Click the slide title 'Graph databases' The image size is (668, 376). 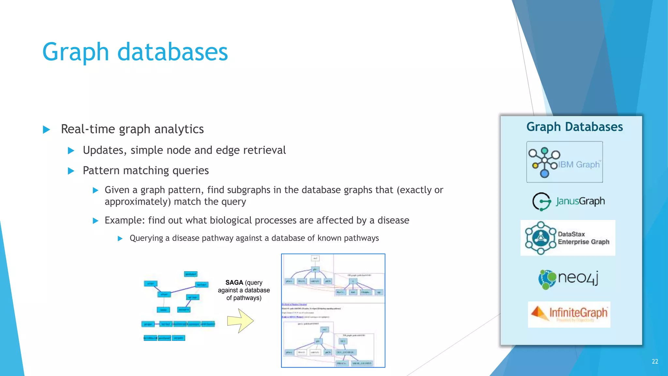tap(135, 52)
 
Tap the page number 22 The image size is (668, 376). tap(655, 361)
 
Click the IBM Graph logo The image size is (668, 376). tap(564, 162)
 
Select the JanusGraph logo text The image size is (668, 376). tap(580, 201)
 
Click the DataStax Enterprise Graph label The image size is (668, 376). tap(583, 238)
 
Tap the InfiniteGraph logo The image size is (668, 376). tap(569, 314)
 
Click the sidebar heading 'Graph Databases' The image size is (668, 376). tap(574, 127)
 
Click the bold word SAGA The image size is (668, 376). tap(234, 282)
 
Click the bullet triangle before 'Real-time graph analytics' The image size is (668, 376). tap(47, 130)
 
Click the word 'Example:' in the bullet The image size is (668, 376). tap(125, 220)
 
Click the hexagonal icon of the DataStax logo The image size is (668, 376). tap(540, 238)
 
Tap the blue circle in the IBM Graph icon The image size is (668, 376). tap(544, 173)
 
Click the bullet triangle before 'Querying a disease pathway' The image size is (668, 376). tap(120, 239)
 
